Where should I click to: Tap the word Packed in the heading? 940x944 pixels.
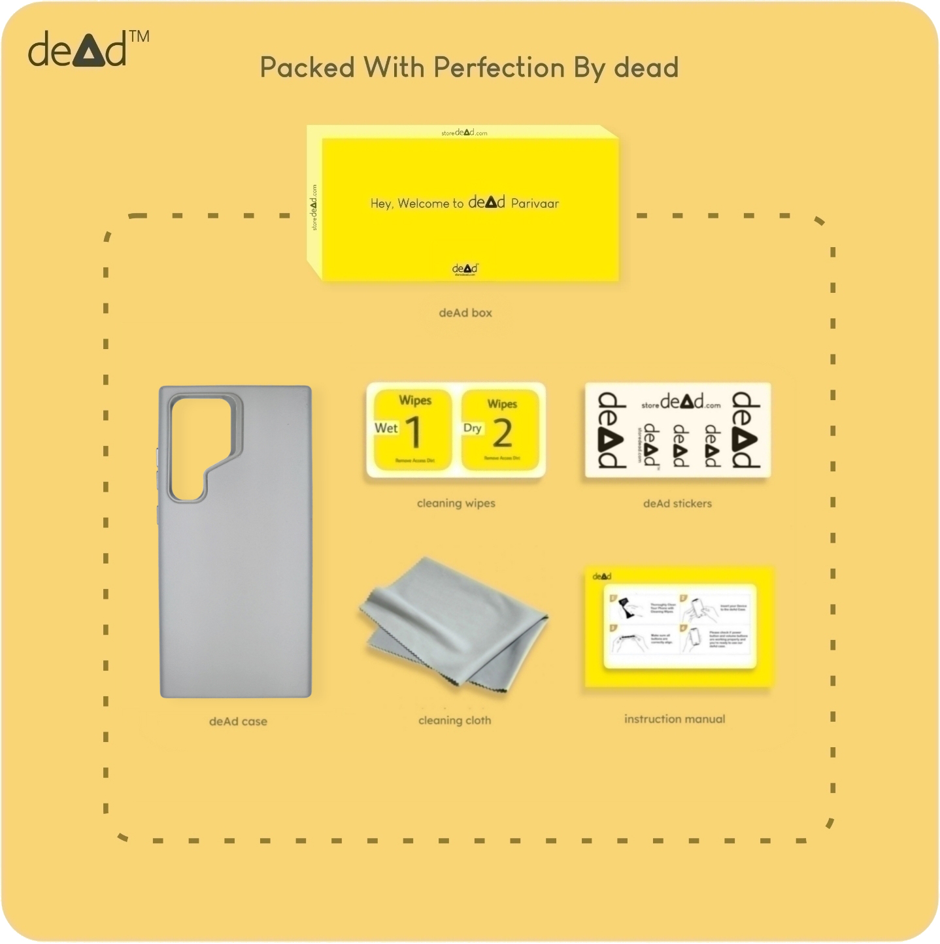(307, 68)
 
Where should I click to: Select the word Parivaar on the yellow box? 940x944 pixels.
(535, 203)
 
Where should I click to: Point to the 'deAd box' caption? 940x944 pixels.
(465, 313)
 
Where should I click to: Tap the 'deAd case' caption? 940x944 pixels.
(238, 722)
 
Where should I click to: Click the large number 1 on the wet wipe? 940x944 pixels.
(414, 433)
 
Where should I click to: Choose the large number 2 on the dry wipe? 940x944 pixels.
(502, 433)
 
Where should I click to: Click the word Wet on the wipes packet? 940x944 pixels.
(386, 428)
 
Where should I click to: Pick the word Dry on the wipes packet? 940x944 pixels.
(472, 428)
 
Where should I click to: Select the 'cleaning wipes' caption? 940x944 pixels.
(456, 503)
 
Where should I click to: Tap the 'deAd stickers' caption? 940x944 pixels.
(677, 503)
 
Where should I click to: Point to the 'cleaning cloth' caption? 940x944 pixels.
(454, 720)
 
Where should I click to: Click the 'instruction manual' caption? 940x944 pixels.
(675, 719)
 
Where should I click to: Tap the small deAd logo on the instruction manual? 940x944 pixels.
(601, 577)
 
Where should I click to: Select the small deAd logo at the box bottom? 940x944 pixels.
(465, 269)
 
